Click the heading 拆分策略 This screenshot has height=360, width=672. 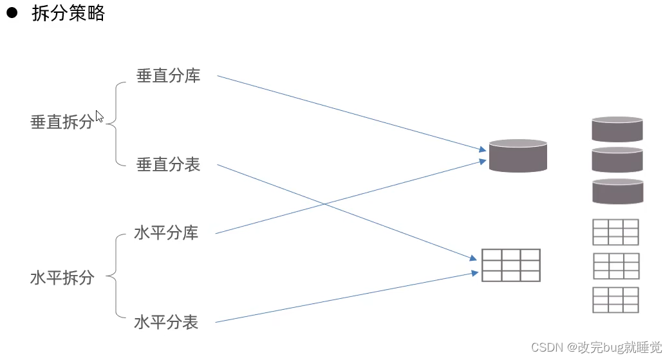tap(68, 14)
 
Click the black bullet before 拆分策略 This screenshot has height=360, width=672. tap(12, 14)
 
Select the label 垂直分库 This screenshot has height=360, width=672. tap(169, 76)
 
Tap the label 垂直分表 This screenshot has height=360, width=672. tap(169, 165)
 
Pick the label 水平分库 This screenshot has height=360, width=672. tap(166, 233)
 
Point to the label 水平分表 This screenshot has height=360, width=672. tap(166, 322)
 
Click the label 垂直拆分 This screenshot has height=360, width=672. tap(62, 122)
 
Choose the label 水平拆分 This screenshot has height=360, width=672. tap(62, 278)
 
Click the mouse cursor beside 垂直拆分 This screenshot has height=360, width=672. tap(99, 116)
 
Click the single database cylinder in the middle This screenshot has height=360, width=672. tap(518, 155)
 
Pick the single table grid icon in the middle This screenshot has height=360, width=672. tap(511, 265)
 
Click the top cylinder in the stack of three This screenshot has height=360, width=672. tap(617, 129)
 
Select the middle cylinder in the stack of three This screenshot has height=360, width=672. tap(617, 160)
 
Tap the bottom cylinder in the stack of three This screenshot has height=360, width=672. tap(617, 191)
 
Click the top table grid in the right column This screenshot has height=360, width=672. tap(615, 232)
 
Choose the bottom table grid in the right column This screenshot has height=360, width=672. tap(615, 300)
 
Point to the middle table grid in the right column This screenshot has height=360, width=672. tap(615, 266)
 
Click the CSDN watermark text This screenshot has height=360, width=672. tap(596, 348)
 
